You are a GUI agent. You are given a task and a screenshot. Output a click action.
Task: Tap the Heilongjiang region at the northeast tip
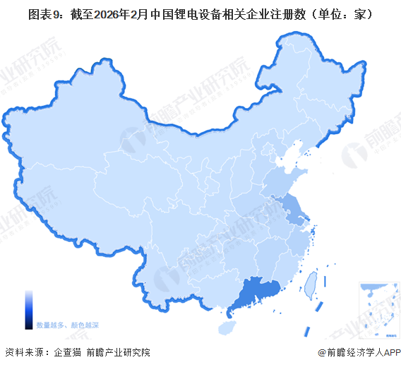318,78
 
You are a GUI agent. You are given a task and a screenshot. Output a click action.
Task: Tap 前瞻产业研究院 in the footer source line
118,352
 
